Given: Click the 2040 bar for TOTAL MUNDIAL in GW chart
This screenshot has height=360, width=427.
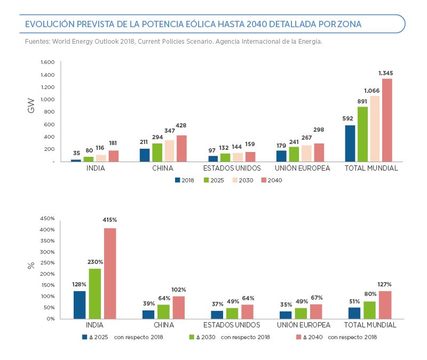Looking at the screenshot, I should point(387,120).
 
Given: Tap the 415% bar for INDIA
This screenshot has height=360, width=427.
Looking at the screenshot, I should point(110,273).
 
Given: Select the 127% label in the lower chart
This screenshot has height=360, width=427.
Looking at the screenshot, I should point(384,284).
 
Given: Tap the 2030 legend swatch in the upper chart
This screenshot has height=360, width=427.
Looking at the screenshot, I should point(235,180).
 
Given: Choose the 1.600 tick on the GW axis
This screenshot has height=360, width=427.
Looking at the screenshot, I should point(48,62).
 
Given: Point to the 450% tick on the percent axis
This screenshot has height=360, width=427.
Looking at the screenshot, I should point(48,219).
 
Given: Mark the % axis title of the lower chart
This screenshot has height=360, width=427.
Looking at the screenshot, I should point(31,265).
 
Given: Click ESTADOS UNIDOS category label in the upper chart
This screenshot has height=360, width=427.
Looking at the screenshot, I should point(232,168).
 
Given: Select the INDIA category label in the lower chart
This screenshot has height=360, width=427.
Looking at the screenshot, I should point(94,325).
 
